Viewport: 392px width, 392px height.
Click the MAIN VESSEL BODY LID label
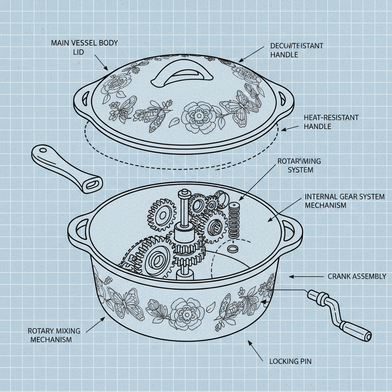coord(84,47)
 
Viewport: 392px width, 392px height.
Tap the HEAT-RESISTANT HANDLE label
coord(331,122)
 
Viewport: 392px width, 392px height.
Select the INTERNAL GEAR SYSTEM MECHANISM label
coord(345,201)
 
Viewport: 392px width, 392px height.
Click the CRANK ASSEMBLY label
coord(357,276)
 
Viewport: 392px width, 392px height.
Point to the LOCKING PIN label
coord(290,361)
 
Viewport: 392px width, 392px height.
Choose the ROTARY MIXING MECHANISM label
coord(50,335)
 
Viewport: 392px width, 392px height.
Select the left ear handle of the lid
coord(82,98)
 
